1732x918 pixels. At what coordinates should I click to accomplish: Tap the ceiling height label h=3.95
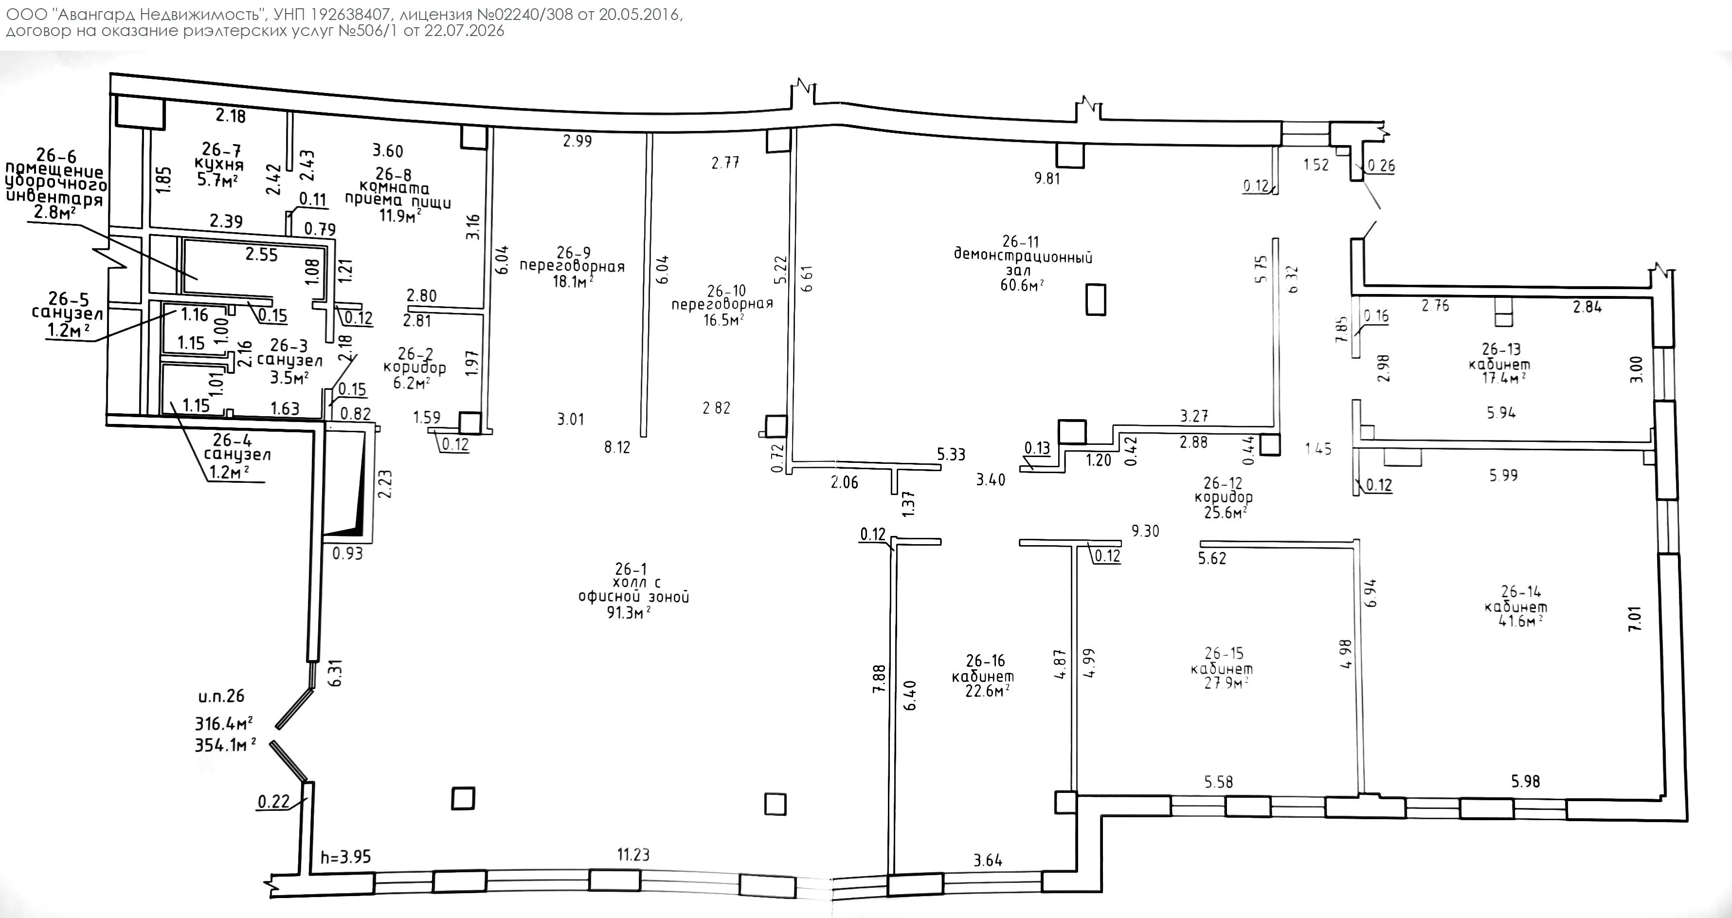pyautogui.click(x=345, y=857)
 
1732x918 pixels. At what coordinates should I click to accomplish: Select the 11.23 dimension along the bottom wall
pyautogui.click(x=633, y=854)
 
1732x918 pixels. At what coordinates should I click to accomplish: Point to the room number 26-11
pyautogui.click(x=1021, y=241)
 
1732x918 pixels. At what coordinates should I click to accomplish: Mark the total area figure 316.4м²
pyautogui.click(x=224, y=724)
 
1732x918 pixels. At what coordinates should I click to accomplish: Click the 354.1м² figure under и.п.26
pyautogui.click(x=225, y=745)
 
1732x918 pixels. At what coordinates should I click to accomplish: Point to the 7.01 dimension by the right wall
pyautogui.click(x=1635, y=618)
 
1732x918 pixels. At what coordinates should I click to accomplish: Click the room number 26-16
pyautogui.click(x=985, y=661)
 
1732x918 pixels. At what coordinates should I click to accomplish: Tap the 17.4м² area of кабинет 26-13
pyautogui.click(x=1503, y=378)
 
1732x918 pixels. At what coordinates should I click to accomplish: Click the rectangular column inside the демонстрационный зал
pyautogui.click(x=1096, y=299)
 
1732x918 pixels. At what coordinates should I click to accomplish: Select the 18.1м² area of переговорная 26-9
pyautogui.click(x=573, y=281)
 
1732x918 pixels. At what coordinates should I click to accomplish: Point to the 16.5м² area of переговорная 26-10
pyautogui.click(x=723, y=320)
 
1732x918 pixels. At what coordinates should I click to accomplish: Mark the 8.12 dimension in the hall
pyautogui.click(x=617, y=447)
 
